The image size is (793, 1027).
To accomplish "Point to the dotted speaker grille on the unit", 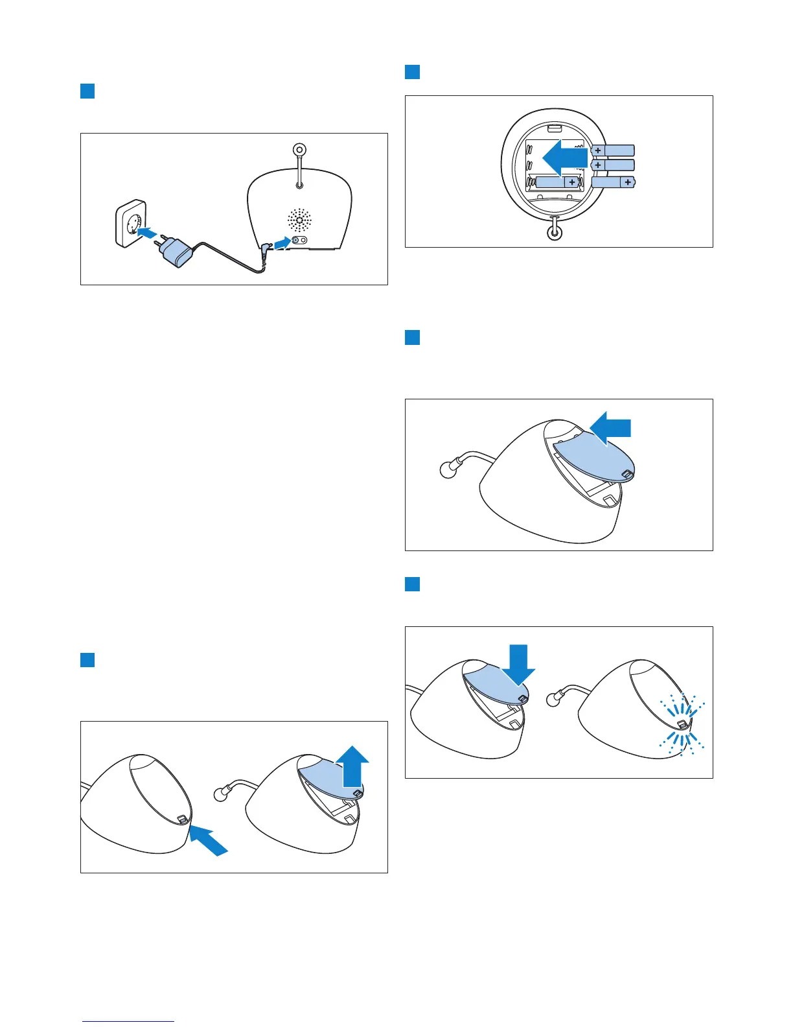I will pos(300,220).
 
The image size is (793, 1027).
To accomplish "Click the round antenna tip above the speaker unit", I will pos(299,150).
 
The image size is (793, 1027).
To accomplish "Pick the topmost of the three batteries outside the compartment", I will pos(613,150).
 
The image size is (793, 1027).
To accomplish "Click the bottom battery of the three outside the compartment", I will pos(614,182).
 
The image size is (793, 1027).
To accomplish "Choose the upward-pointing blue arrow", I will pos(353,765).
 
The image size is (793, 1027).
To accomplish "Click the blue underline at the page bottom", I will pos(128,1021).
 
